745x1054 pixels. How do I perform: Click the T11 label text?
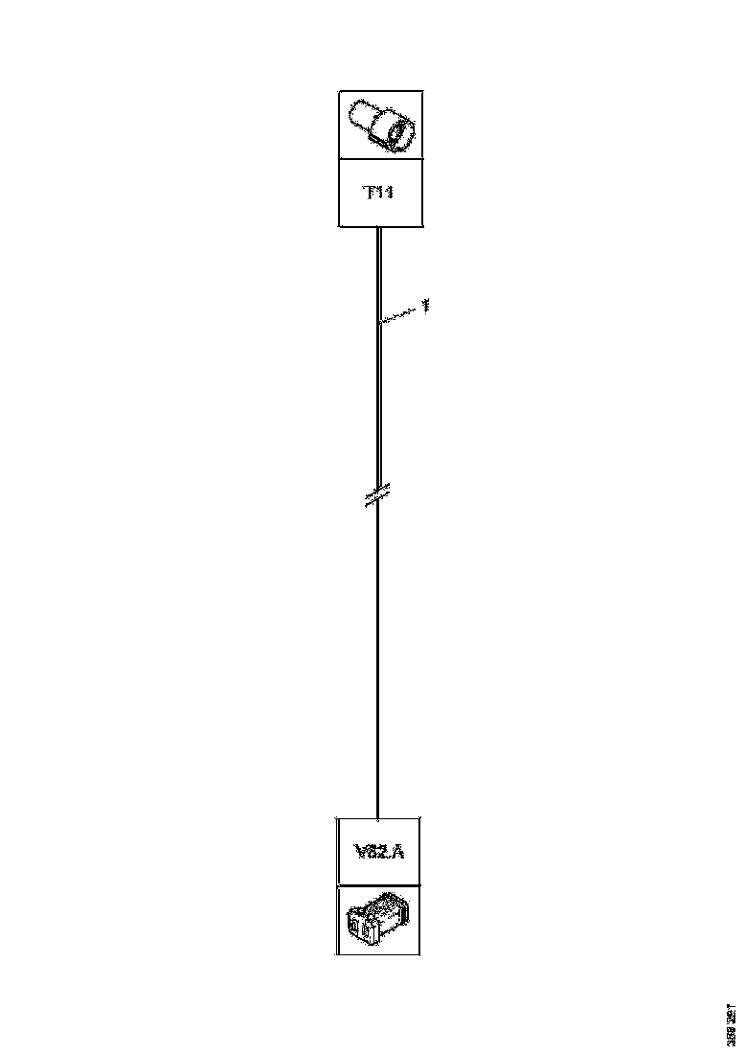[x=379, y=193]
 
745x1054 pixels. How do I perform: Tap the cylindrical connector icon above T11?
[x=380, y=126]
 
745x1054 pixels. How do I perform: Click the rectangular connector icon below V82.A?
[x=378, y=920]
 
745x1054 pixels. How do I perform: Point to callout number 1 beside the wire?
[x=425, y=306]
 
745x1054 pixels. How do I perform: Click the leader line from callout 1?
[x=402, y=314]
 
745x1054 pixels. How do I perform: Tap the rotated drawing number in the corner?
[x=731, y=1023]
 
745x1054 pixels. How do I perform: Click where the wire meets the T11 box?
[x=379, y=228]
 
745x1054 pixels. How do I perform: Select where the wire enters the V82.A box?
[x=378, y=818]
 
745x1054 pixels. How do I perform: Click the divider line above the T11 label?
[x=379, y=160]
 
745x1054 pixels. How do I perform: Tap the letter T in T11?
[x=368, y=193]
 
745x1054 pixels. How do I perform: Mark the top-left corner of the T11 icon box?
[x=339, y=92]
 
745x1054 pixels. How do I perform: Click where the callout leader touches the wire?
[x=380, y=323]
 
